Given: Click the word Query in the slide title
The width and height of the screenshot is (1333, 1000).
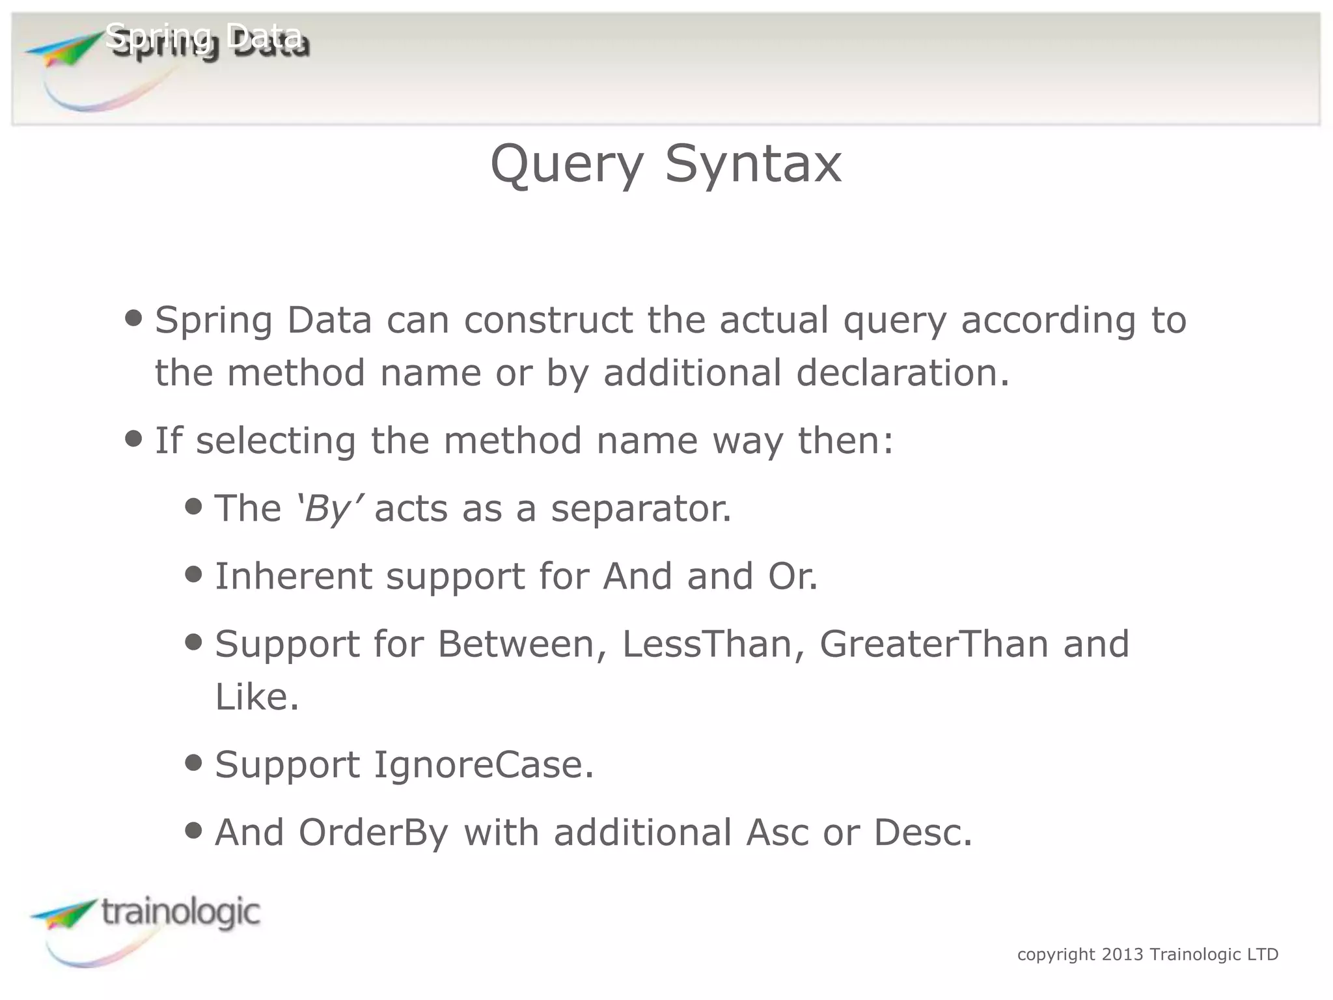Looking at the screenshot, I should (x=566, y=165).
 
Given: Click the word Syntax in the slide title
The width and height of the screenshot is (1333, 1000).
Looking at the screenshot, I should (x=753, y=165).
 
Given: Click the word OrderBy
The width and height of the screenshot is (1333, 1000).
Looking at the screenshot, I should (x=374, y=833).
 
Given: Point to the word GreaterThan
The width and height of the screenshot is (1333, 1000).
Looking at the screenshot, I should (x=933, y=644).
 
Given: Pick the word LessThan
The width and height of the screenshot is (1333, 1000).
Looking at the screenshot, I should (x=706, y=644).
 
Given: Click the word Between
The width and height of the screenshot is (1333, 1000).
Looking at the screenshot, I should (x=515, y=644).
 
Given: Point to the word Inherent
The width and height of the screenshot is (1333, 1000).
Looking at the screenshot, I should (x=293, y=576).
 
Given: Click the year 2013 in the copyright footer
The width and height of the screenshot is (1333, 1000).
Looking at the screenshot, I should (x=1122, y=954).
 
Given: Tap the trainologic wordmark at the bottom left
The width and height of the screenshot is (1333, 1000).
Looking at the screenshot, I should (x=180, y=912).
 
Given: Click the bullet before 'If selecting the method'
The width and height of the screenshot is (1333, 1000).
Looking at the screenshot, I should (x=133, y=439).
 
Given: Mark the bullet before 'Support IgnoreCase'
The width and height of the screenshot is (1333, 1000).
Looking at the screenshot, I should (x=193, y=762).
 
